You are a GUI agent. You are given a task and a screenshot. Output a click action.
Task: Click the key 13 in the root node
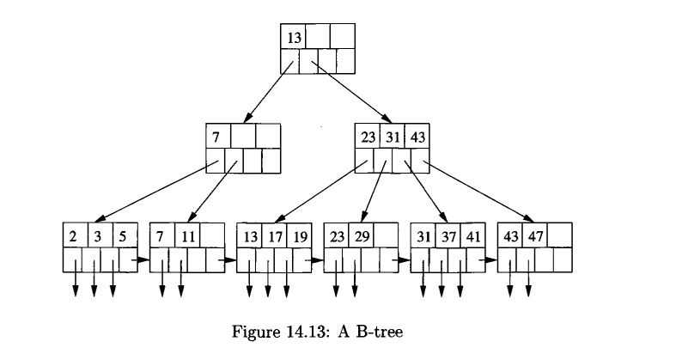coord(293,37)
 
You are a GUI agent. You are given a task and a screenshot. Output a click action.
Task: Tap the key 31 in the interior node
coord(393,137)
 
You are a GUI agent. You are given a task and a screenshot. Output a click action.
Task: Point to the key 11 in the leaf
coord(187,235)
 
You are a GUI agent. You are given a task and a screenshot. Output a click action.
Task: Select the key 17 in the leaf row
coord(275,235)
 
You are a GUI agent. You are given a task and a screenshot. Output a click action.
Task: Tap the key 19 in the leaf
coord(299,235)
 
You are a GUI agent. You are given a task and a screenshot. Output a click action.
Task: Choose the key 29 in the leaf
coord(362,235)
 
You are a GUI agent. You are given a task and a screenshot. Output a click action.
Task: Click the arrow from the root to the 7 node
coord(267,90)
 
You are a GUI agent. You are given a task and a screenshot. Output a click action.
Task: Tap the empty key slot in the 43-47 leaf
coord(561,235)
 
